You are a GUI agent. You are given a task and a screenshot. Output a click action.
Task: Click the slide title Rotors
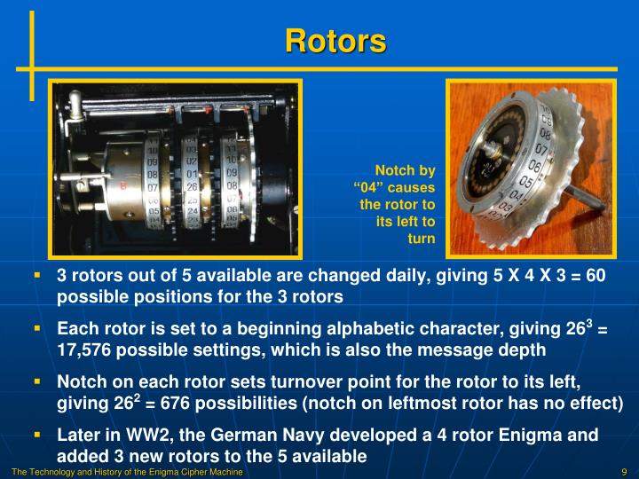pos(335,41)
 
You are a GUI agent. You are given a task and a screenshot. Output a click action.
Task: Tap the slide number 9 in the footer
pos(625,472)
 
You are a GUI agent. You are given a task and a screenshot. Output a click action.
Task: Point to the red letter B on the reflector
pos(122,186)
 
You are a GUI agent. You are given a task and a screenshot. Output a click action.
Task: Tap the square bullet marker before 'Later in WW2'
pos(37,436)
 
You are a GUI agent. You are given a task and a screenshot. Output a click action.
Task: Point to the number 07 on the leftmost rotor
pos(152,187)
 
